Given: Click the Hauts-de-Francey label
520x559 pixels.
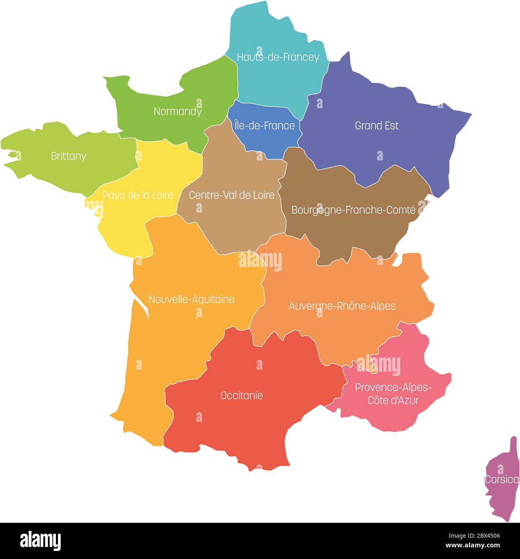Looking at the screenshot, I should coord(278,57).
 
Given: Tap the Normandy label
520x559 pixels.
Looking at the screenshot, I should coord(177,111).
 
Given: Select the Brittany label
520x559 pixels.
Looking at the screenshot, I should coord(68,156).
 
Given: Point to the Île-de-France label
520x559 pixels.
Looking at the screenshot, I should coord(264,126).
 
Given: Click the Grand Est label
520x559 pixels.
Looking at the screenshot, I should coord(377,125).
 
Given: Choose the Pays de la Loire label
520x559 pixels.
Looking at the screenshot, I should coord(138,195).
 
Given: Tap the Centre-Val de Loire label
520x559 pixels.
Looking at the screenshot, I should coord(231,195).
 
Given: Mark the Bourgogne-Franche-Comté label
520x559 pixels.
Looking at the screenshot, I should coord(353,210).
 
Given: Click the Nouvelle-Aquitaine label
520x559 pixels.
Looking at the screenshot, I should coord(191,299).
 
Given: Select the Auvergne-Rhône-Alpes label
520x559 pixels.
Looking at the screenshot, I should coord(342,306).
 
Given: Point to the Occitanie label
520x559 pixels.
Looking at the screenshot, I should coord(242,395).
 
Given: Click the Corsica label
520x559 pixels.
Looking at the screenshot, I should coord(502,480).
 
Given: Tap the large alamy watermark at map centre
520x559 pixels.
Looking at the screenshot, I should coord(260,261).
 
